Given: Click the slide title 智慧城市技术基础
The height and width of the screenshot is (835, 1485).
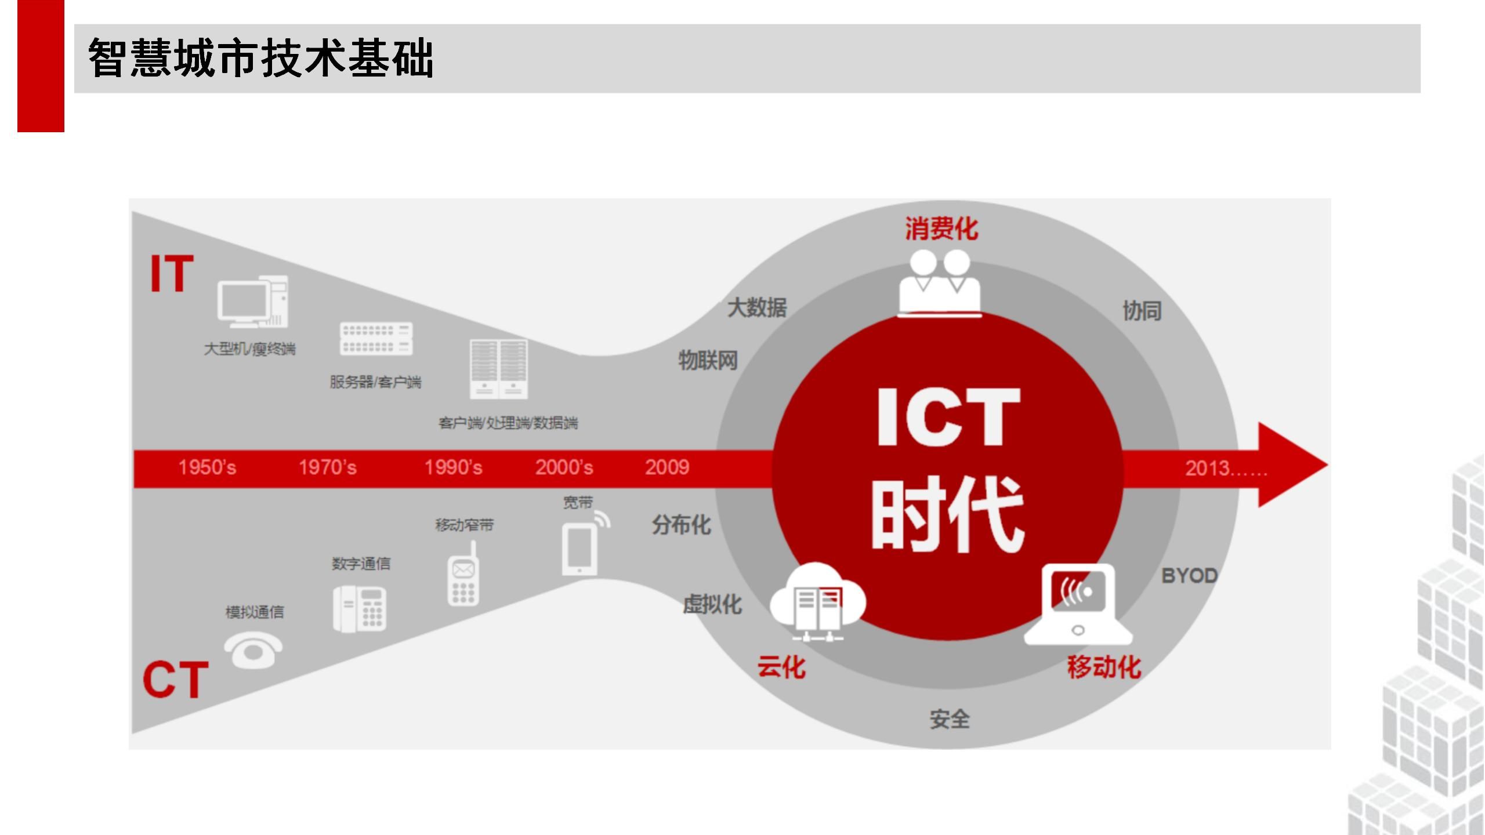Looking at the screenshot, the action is point(261,58).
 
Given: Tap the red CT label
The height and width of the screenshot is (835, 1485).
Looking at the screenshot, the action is point(175,680).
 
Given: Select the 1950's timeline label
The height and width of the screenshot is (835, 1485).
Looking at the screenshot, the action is point(207,467).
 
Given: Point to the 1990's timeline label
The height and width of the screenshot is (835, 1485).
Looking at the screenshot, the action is point(453,467).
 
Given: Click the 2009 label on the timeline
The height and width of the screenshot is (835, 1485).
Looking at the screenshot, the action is point(667,467).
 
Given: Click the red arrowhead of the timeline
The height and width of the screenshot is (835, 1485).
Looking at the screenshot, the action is point(1294,465).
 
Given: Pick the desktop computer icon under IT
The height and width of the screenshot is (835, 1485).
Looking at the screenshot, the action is point(253,302).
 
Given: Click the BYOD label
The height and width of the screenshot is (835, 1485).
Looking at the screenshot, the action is point(1189,576).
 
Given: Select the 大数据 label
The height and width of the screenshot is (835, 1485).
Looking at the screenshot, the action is point(757,307).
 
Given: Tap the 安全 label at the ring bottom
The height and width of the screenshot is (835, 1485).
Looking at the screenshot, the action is point(950,720).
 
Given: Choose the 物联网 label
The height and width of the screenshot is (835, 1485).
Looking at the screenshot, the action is point(708,361).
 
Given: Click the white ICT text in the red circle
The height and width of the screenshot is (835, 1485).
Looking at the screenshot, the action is point(948,418).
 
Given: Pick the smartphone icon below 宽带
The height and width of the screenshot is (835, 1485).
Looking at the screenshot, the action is point(580,548).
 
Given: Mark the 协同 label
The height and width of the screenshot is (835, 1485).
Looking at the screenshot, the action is point(1142,311).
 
